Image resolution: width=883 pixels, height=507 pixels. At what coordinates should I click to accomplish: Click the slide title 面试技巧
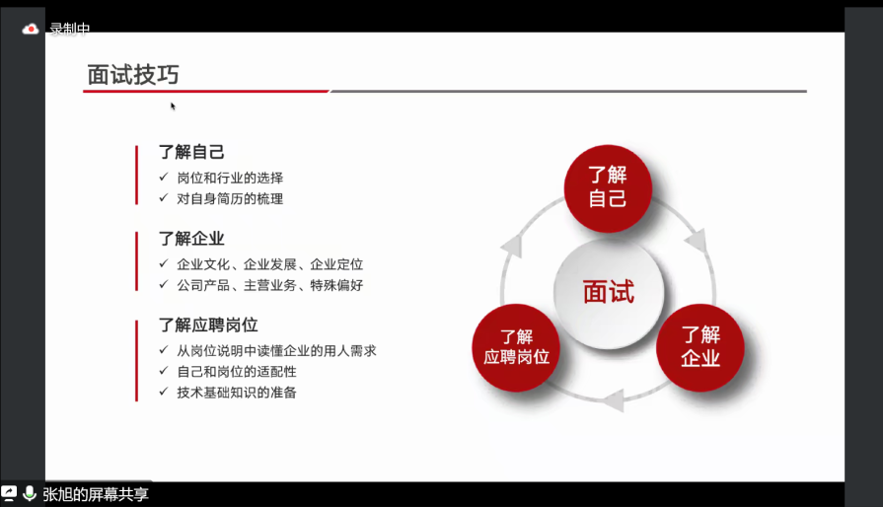tap(133, 75)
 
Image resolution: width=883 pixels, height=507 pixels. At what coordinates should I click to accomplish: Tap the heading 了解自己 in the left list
tap(191, 152)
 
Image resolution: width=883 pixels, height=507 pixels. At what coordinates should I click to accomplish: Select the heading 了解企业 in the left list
tap(191, 239)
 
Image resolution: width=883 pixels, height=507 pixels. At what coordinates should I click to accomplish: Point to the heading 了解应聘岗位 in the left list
tap(208, 326)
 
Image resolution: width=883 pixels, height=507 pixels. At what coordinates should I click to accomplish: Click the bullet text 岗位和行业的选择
tap(230, 178)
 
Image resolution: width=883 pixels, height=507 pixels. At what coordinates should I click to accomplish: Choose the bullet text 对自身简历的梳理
tap(230, 198)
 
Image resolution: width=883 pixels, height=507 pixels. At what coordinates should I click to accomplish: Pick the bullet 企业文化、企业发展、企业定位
tap(269, 264)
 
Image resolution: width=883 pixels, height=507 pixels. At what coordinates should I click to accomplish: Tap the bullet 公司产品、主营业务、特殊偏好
tap(269, 285)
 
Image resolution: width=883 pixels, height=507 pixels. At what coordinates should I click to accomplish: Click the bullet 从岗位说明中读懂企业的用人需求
tap(276, 351)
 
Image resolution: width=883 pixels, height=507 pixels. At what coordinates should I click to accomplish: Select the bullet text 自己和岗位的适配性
tap(237, 372)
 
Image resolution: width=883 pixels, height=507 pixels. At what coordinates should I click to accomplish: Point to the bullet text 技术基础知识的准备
tap(237, 393)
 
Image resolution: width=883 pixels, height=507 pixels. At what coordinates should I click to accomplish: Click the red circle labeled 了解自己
tap(608, 188)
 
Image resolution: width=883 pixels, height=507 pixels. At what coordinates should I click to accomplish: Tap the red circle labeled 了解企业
tap(699, 348)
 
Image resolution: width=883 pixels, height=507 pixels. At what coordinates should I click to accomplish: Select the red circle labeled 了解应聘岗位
tap(516, 348)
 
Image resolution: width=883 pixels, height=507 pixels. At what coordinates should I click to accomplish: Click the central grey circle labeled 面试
tap(609, 293)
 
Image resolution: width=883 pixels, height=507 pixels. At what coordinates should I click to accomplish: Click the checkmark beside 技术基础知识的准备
tap(164, 391)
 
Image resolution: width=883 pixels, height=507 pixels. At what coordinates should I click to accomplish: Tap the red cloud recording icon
tap(31, 29)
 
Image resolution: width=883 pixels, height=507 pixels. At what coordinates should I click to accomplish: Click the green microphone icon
tap(30, 493)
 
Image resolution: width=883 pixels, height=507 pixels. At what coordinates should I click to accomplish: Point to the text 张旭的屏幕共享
tap(96, 494)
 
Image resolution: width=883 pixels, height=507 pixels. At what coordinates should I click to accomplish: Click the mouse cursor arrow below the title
tap(173, 107)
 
